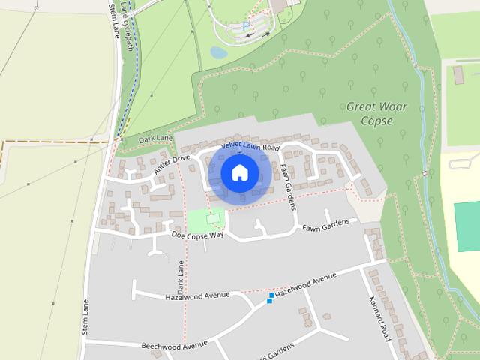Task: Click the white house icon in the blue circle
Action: (x=239, y=172)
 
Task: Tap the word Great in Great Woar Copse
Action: (x=361, y=106)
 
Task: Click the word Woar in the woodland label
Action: (x=395, y=106)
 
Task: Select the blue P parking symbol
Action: (x=246, y=25)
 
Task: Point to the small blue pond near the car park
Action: (x=218, y=52)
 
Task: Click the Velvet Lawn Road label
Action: (x=250, y=148)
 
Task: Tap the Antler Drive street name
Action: (x=172, y=164)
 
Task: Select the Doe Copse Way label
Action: (x=198, y=235)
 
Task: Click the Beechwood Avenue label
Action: (x=173, y=345)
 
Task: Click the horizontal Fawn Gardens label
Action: (x=325, y=226)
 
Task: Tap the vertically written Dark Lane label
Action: (x=180, y=277)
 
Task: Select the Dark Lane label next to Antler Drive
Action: (x=155, y=139)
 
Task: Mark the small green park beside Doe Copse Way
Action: (x=205, y=220)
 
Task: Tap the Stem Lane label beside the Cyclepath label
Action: (x=115, y=20)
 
